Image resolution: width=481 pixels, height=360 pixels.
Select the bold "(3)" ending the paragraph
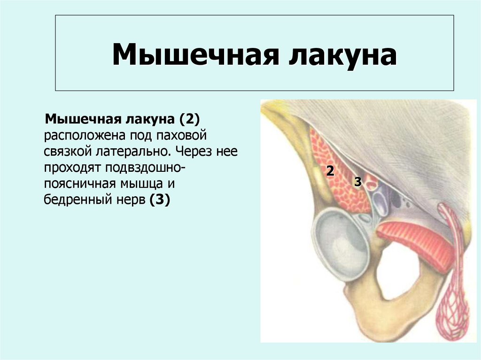click(159, 199)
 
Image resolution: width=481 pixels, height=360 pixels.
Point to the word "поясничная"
click(75, 184)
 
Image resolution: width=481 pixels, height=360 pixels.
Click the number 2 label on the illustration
click(330, 171)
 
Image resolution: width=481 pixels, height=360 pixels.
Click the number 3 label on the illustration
click(357, 182)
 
